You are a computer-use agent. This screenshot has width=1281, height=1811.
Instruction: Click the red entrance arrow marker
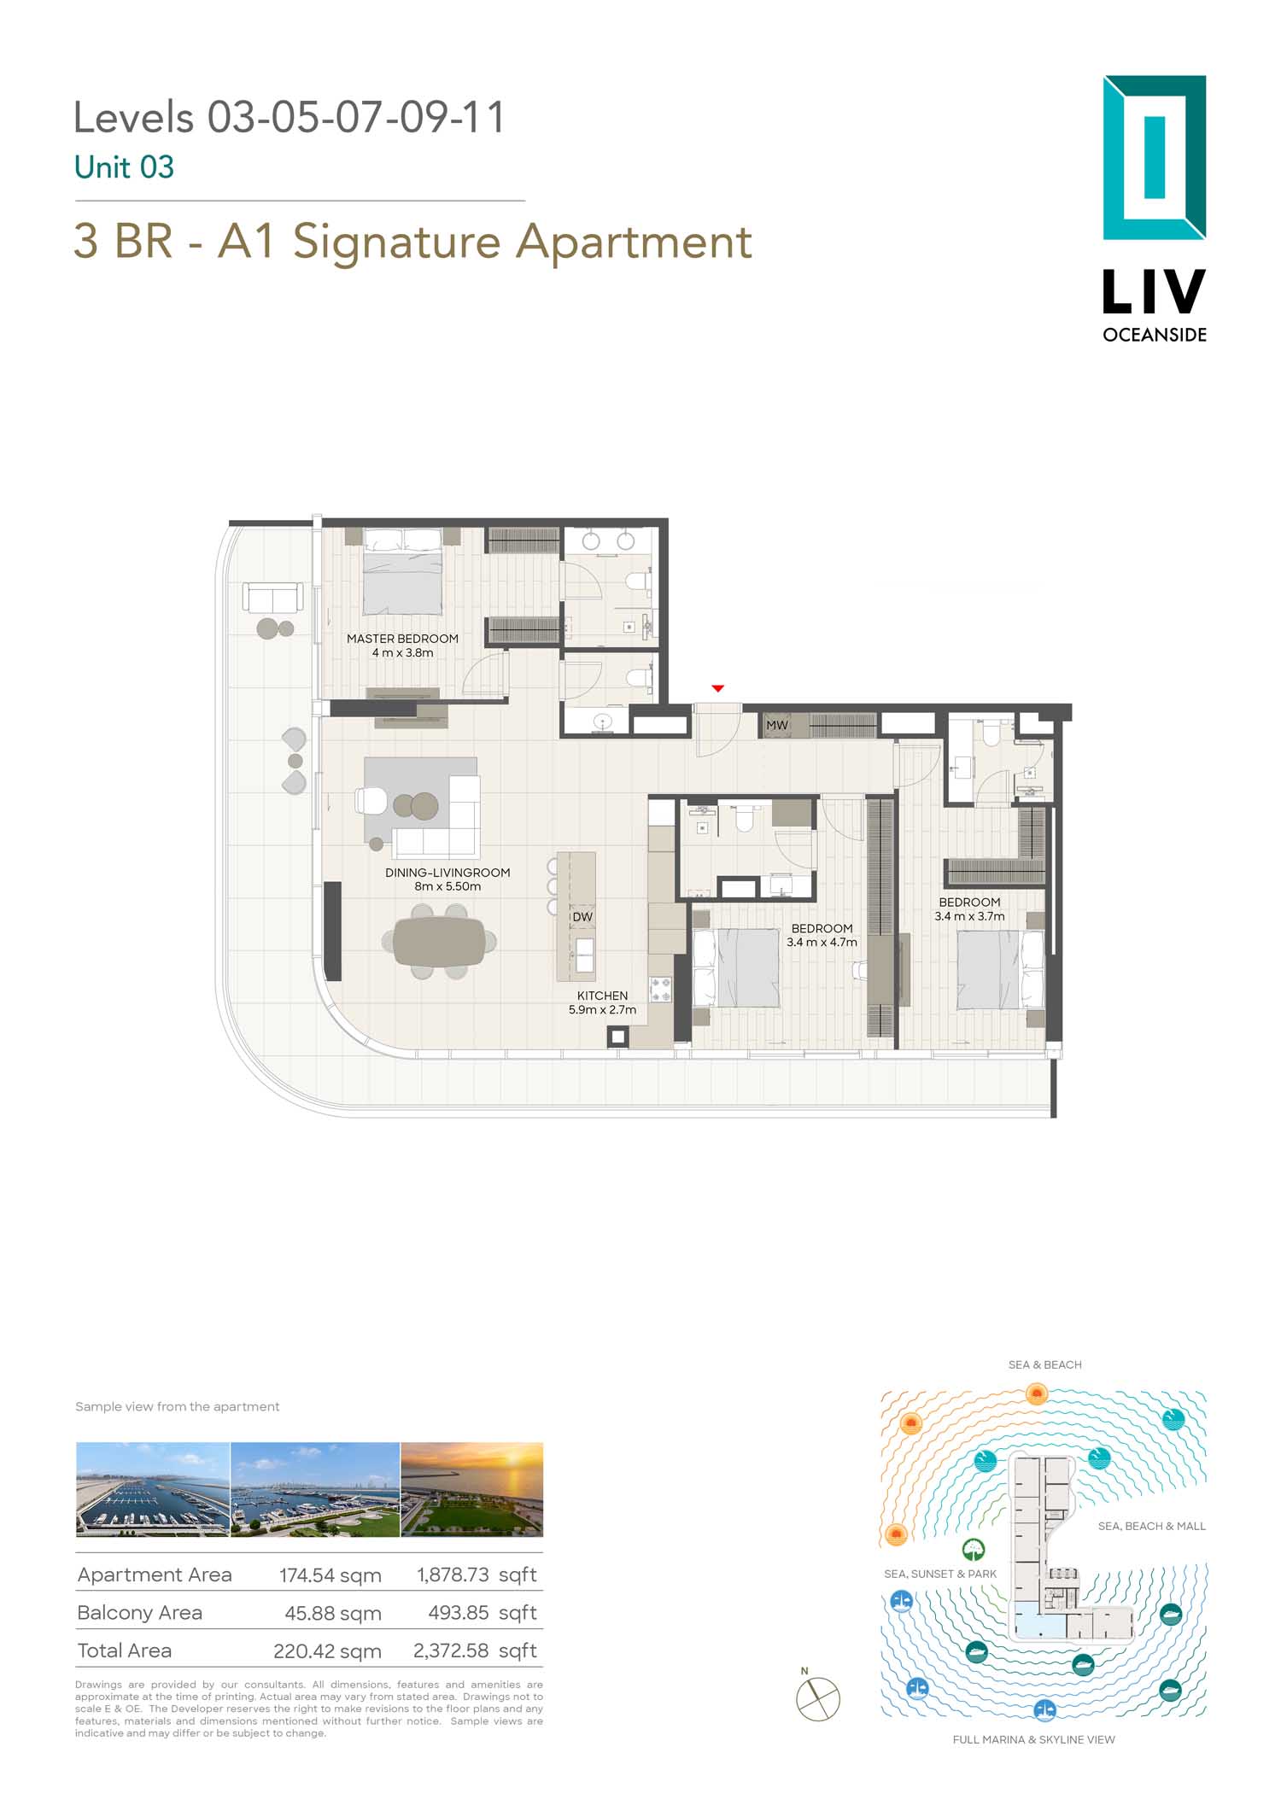pos(718,688)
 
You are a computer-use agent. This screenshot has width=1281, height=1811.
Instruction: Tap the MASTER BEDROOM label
pos(402,639)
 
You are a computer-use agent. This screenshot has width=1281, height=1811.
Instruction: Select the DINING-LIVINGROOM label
pos(447,873)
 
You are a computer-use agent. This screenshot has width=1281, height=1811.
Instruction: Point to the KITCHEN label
pos(602,996)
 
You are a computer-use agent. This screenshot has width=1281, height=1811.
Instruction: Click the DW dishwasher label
pos(582,917)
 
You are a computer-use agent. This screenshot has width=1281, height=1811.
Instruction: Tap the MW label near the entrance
pos(777,725)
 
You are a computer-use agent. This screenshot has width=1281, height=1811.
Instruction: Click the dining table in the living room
pos(439,942)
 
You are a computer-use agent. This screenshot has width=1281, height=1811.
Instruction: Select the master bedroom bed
pos(403,572)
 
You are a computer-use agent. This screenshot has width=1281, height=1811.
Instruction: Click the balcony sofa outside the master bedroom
pos(273,598)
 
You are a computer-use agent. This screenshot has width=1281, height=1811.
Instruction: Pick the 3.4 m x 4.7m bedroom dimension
pos(822,943)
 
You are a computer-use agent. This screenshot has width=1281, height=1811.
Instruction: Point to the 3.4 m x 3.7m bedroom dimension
pos(969,916)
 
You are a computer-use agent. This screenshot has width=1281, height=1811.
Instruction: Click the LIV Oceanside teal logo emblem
pos(1155,158)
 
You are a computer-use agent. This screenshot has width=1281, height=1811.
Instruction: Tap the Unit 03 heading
pos(125,167)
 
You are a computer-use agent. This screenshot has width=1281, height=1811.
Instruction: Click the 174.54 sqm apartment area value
pos(330,1575)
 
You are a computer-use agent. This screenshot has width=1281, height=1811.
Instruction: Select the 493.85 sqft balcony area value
pos(483,1613)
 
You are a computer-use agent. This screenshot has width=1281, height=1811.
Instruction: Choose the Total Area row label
pos(125,1650)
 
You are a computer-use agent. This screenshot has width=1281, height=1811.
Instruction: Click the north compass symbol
pos(818,1698)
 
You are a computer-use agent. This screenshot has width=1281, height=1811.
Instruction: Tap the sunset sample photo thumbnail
pos(471,1489)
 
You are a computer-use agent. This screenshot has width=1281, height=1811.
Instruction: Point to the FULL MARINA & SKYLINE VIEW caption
pos(1033,1739)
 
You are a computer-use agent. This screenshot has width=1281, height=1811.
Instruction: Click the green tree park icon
pos(974,1550)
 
